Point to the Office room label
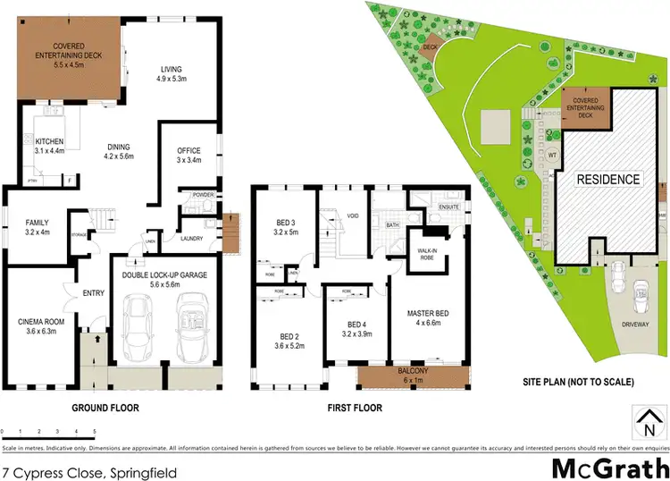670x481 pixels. tap(188, 150)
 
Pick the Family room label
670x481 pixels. tap(36, 223)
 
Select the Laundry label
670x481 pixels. tap(190, 238)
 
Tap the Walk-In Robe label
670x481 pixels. tap(423, 250)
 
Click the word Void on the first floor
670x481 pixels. tap(353, 215)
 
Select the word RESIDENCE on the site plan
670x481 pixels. tap(607, 179)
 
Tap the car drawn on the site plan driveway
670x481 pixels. tap(640, 296)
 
